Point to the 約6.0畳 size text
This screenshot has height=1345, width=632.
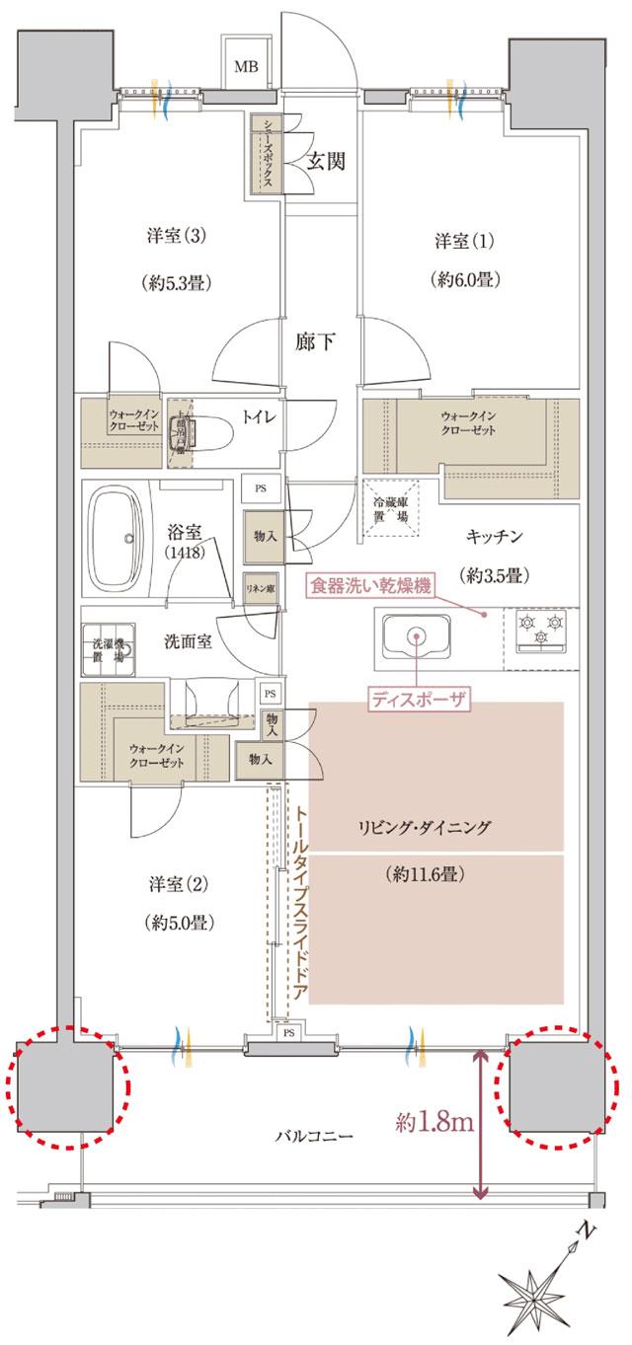coord(463,279)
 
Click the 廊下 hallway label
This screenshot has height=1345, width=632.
coord(315,343)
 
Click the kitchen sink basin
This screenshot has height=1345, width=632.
coord(415,637)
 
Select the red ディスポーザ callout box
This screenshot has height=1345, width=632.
coord(418,700)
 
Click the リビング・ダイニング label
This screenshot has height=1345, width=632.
coord(426,827)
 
